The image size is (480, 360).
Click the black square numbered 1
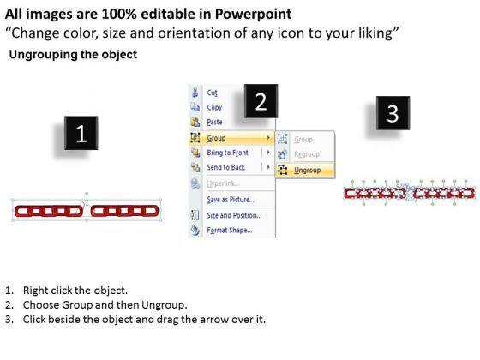81,133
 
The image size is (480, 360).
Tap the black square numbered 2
261,101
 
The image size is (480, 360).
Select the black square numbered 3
393,113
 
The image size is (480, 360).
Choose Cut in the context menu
213,93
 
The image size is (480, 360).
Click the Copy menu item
214,107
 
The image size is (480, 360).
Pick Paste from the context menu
214,122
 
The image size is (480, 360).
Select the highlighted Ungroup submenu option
308,170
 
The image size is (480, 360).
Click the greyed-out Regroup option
307,154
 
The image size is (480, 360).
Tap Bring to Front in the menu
227,153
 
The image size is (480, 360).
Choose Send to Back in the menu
226,167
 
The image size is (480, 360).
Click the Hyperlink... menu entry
223,183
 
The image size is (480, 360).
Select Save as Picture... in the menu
231,199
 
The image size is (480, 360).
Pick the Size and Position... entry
234,215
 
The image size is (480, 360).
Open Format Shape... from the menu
230,230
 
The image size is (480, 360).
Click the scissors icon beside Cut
195,93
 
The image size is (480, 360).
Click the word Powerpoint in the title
253,14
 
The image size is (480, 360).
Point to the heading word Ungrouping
44,55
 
